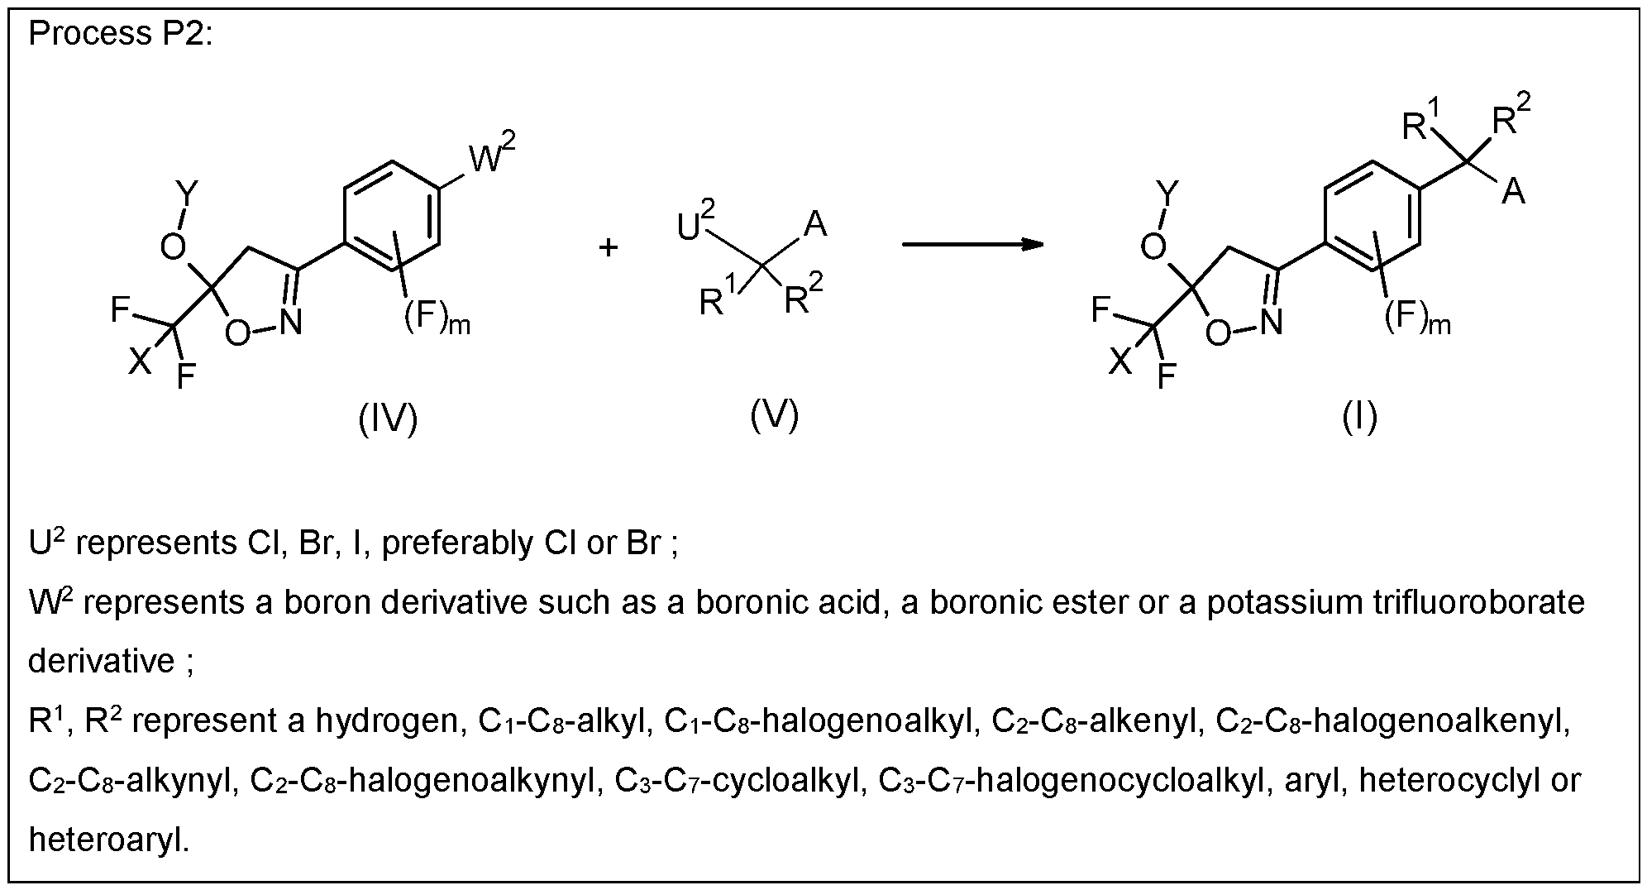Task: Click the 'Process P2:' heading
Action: pos(121,34)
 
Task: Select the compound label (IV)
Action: pos(388,419)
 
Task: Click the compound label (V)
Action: pos(774,414)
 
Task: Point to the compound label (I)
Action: pos(1359,418)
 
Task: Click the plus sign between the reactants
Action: pos(609,246)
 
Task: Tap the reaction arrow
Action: pos(972,244)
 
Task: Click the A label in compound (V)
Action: pos(815,225)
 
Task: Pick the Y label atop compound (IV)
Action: pos(188,194)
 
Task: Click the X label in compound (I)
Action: pos(1120,361)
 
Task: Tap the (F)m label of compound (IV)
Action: pos(437,318)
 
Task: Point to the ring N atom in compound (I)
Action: pos(1270,322)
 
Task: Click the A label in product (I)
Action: pos(1513,193)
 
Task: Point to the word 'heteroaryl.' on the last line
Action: pos(109,841)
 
